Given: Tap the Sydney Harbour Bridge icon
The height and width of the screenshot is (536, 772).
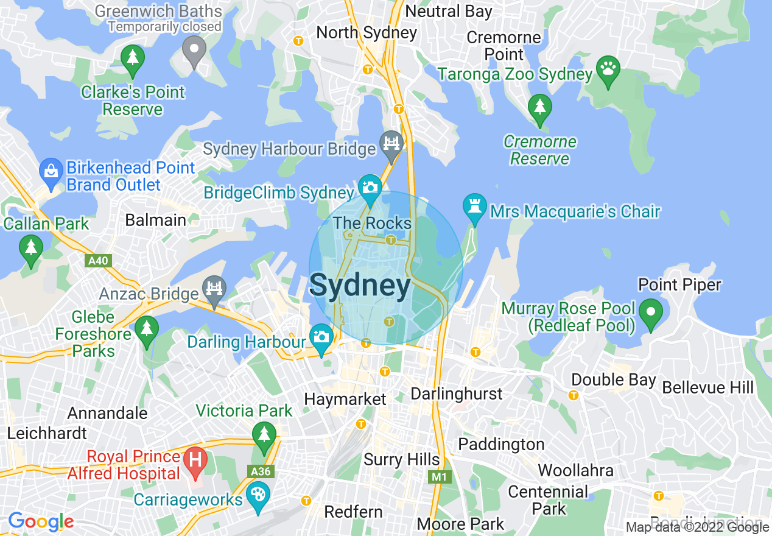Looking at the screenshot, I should point(391,144).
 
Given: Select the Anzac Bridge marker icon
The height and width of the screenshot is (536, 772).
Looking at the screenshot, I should point(214,289).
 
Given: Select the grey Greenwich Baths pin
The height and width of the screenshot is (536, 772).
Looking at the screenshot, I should point(194,49).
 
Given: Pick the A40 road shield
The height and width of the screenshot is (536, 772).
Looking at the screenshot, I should point(97,261).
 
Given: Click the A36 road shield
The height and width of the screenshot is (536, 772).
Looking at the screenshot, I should point(261,471).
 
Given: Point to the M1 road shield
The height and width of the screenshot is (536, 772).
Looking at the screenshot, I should point(439,477).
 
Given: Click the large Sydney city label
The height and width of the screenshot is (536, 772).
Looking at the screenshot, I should point(360,286).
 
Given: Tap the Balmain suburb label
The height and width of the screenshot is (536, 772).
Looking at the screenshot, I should point(156,220).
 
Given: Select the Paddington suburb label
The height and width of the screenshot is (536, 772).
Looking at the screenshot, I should point(500,444).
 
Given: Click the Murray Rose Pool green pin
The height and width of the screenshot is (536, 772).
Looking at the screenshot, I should point(651,312).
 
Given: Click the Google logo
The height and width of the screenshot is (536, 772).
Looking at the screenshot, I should point(41,521).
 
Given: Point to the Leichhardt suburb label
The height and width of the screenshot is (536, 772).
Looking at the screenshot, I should point(47,434).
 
